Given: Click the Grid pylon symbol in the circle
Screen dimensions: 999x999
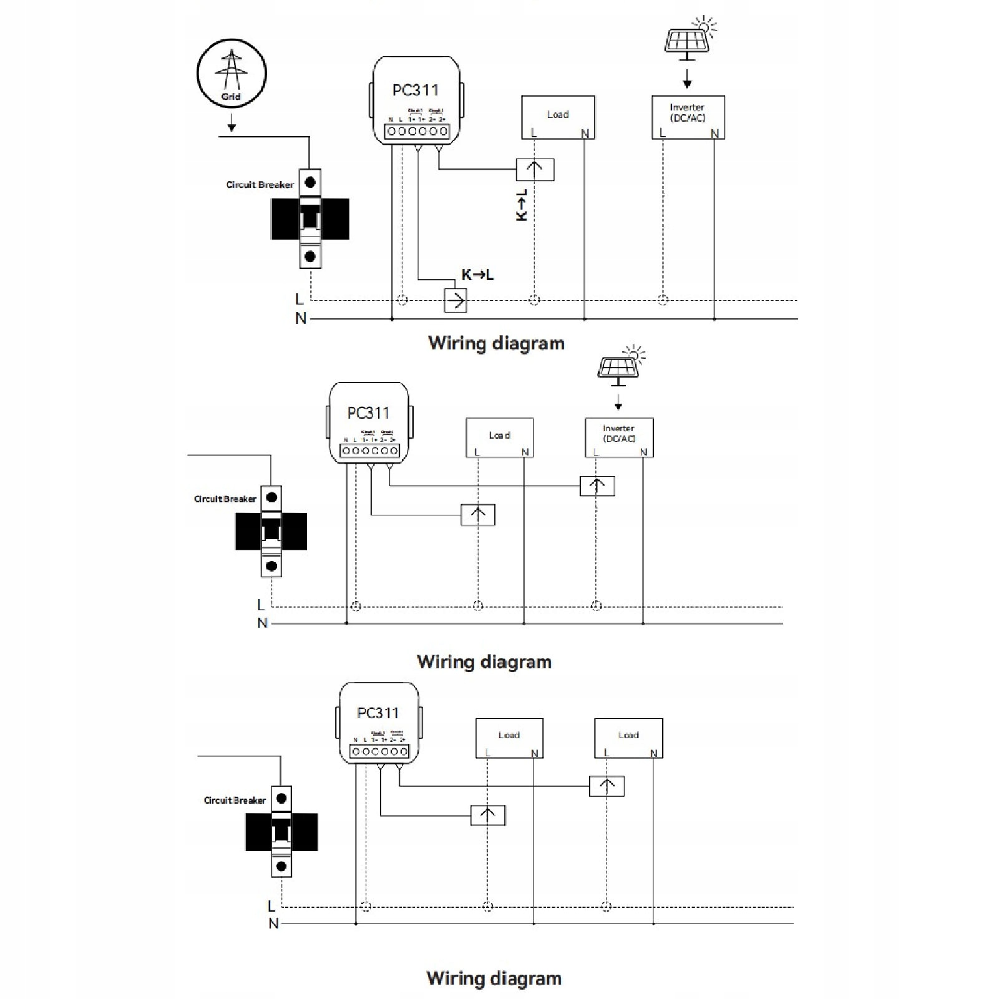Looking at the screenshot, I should (231, 70).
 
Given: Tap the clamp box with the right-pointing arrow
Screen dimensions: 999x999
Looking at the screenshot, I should (456, 301).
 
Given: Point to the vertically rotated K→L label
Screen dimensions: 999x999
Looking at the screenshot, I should (522, 205).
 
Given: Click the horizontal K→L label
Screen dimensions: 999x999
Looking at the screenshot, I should (477, 275).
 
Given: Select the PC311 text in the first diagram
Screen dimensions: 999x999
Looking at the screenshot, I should (416, 90).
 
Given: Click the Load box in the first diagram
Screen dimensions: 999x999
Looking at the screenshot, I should (558, 117).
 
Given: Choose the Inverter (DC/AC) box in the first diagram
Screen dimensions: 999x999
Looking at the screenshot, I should (688, 117).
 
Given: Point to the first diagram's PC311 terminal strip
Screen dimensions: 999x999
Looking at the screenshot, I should (417, 131).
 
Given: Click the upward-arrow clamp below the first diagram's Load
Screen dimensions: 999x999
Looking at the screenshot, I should (535, 169).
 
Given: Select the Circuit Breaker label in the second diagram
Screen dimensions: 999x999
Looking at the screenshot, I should (225, 499).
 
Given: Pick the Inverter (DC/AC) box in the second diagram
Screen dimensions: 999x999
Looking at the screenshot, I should (619, 437).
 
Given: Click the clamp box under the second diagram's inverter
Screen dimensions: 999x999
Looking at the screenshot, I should (597, 485).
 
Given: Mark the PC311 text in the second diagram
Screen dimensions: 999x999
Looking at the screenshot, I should (368, 413).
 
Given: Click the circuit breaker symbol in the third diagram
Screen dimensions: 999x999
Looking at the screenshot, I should (281, 832).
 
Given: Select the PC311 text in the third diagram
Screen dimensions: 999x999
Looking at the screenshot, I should (378, 713).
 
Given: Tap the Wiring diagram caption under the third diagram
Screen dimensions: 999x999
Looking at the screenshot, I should (494, 978).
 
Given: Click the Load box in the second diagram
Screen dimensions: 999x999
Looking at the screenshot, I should (499, 437).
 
